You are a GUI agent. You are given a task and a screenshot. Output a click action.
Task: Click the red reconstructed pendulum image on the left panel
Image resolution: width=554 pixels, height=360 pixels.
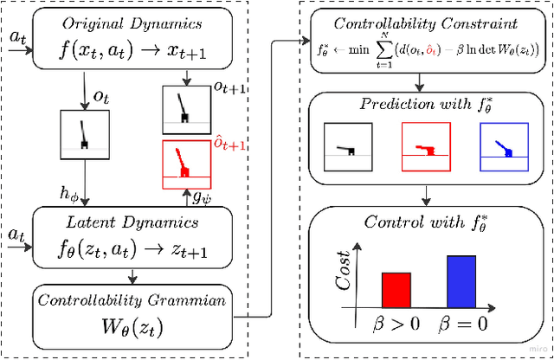click(185, 164)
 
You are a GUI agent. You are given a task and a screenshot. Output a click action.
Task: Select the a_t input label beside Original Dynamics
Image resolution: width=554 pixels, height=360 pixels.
click(16, 38)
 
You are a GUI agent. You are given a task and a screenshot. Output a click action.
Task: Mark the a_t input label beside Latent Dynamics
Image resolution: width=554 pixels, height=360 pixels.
click(16, 234)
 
